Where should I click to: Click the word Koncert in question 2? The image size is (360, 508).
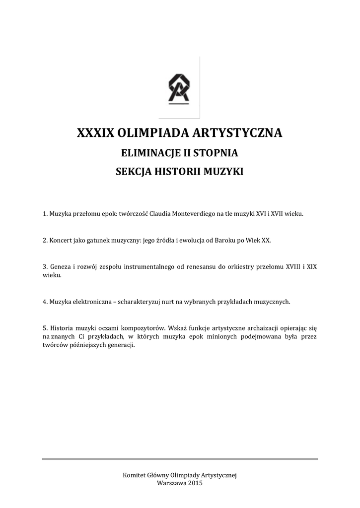coord(61,240)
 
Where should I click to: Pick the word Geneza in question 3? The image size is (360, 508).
coord(59,266)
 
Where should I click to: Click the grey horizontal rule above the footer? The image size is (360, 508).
coord(180,459)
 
